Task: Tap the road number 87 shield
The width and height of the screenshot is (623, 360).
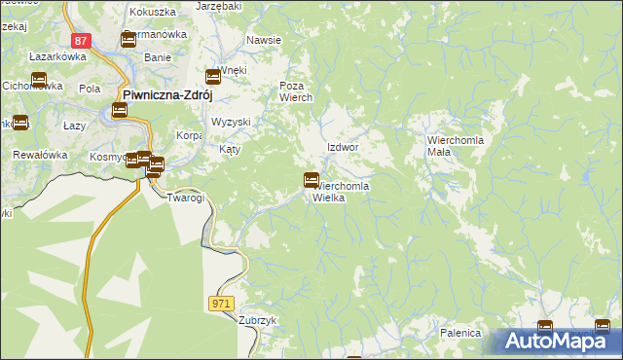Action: coord(82,41)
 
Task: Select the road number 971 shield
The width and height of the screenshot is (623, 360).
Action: coord(221,305)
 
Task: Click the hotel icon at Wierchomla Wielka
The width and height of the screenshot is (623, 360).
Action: coord(311,180)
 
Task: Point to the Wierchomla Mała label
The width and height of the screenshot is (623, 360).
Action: coord(452,146)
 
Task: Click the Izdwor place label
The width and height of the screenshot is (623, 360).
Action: coord(343,147)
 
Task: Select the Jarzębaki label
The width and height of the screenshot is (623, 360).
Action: coord(218,6)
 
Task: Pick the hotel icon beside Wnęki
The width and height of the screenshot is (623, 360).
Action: coord(214,77)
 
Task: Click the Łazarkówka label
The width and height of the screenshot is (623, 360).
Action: coord(58,57)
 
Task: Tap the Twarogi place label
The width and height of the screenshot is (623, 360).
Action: coord(185,198)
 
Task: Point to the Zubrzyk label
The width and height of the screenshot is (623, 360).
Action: coord(258,320)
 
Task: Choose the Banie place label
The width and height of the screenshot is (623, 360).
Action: coord(157,57)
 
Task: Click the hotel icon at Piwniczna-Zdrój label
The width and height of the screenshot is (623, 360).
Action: coord(119,110)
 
